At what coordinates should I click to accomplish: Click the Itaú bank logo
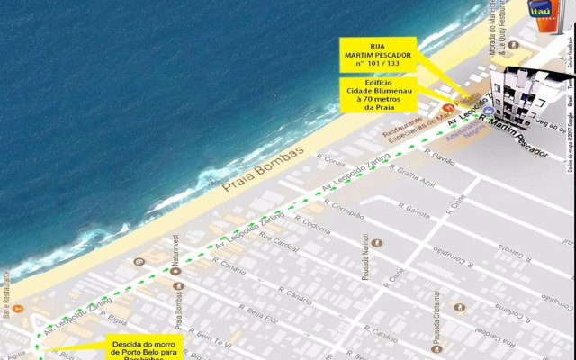pos(542,13)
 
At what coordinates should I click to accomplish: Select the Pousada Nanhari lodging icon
pos(376,243)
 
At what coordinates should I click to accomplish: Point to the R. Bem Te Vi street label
pos(215,339)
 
